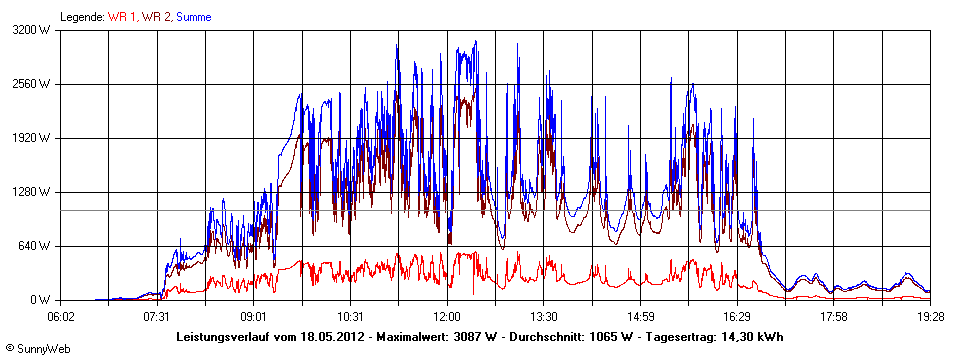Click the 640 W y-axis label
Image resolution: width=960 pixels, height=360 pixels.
pyautogui.click(x=37, y=246)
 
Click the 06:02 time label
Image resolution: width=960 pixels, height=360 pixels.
pyautogui.click(x=62, y=316)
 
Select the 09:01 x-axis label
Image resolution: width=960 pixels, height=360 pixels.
pyautogui.click(x=254, y=316)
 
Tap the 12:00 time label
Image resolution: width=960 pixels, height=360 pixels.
pyautogui.click(x=447, y=316)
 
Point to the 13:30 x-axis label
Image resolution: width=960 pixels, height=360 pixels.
pyautogui.click(x=543, y=316)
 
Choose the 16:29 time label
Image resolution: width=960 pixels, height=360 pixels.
pyautogui.click(x=737, y=316)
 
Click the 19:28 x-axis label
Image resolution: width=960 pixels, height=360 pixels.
pyautogui.click(x=930, y=316)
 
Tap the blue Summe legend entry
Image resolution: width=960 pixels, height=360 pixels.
pyautogui.click(x=194, y=17)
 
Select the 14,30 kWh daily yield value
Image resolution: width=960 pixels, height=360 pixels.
pyautogui.click(x=750, y=336)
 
